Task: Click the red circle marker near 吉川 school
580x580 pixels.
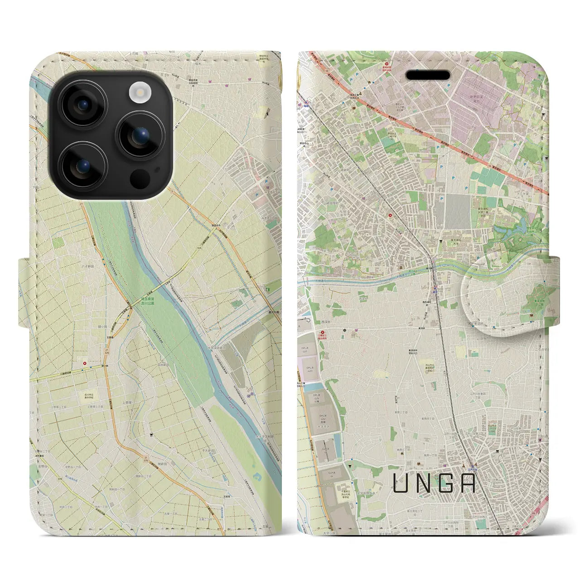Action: [x=85, y=362]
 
